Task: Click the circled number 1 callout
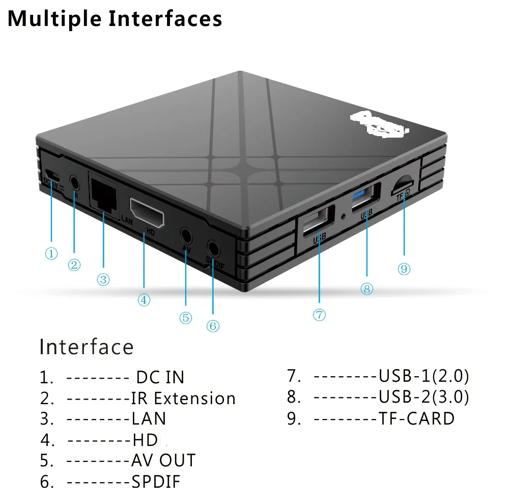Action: tap(51, 253)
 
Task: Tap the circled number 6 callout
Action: tap(213, 326)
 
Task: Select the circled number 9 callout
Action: tap(404, 269)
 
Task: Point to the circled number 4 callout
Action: tap(144, 300)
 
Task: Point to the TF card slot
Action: tap(404, 184)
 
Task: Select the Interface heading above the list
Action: tap(87, 347)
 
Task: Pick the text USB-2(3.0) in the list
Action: tap(423, 397)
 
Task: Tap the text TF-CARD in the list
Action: tap(416, 418)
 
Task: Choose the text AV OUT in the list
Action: tap(163, 460)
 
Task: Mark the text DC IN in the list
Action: tap(160, 377)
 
